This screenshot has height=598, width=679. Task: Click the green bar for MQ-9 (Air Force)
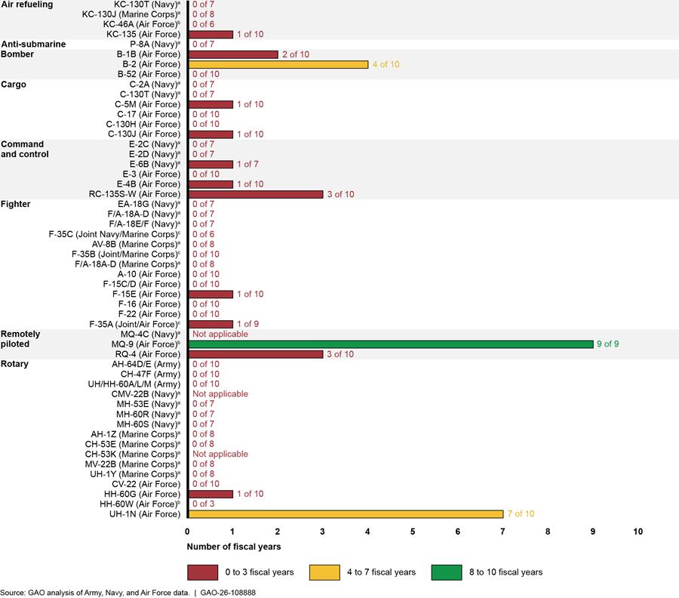click(391, 344)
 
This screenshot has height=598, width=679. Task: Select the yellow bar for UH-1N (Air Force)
click(346, 514)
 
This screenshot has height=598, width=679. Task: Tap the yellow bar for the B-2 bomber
click(278, 64)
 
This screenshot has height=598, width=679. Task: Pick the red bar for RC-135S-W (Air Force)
click(255, 194)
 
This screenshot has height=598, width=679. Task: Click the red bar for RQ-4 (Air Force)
click(255, 354)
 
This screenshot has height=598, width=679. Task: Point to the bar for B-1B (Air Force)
click(232, 54)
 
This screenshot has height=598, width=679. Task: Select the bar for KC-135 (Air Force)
click(210, 34)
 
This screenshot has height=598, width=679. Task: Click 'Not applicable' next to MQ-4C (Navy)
click(220, 334)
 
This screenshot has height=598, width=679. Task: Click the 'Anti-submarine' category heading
click(34, 44)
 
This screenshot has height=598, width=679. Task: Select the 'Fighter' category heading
click(17, 204)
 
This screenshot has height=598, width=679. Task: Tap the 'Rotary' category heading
click(17, 364)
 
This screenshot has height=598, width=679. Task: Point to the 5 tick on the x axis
click(413, 532)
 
